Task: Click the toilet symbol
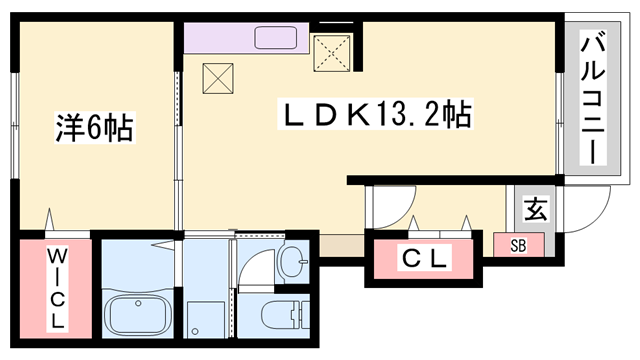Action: tap(285, 317)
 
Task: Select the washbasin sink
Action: tap(295, 262)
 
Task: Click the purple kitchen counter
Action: tap(220, 38)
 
